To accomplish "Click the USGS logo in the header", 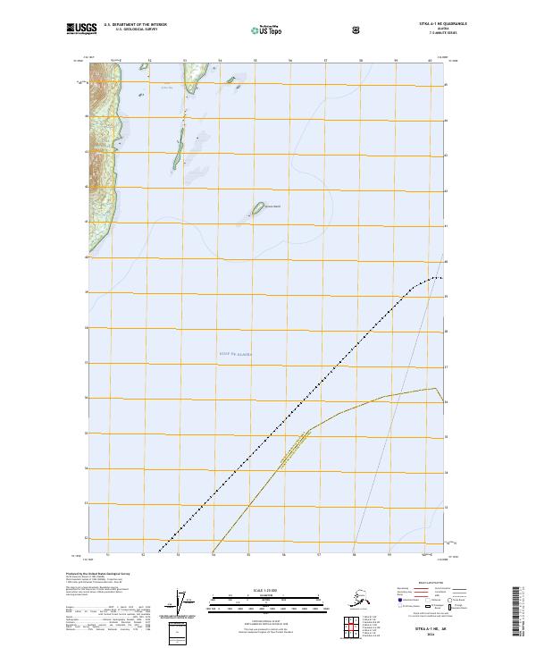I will (81, 29).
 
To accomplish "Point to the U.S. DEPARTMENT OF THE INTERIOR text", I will (136, 24).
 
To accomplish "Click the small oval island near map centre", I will (257, 208).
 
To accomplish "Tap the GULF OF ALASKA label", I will (236, 354).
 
